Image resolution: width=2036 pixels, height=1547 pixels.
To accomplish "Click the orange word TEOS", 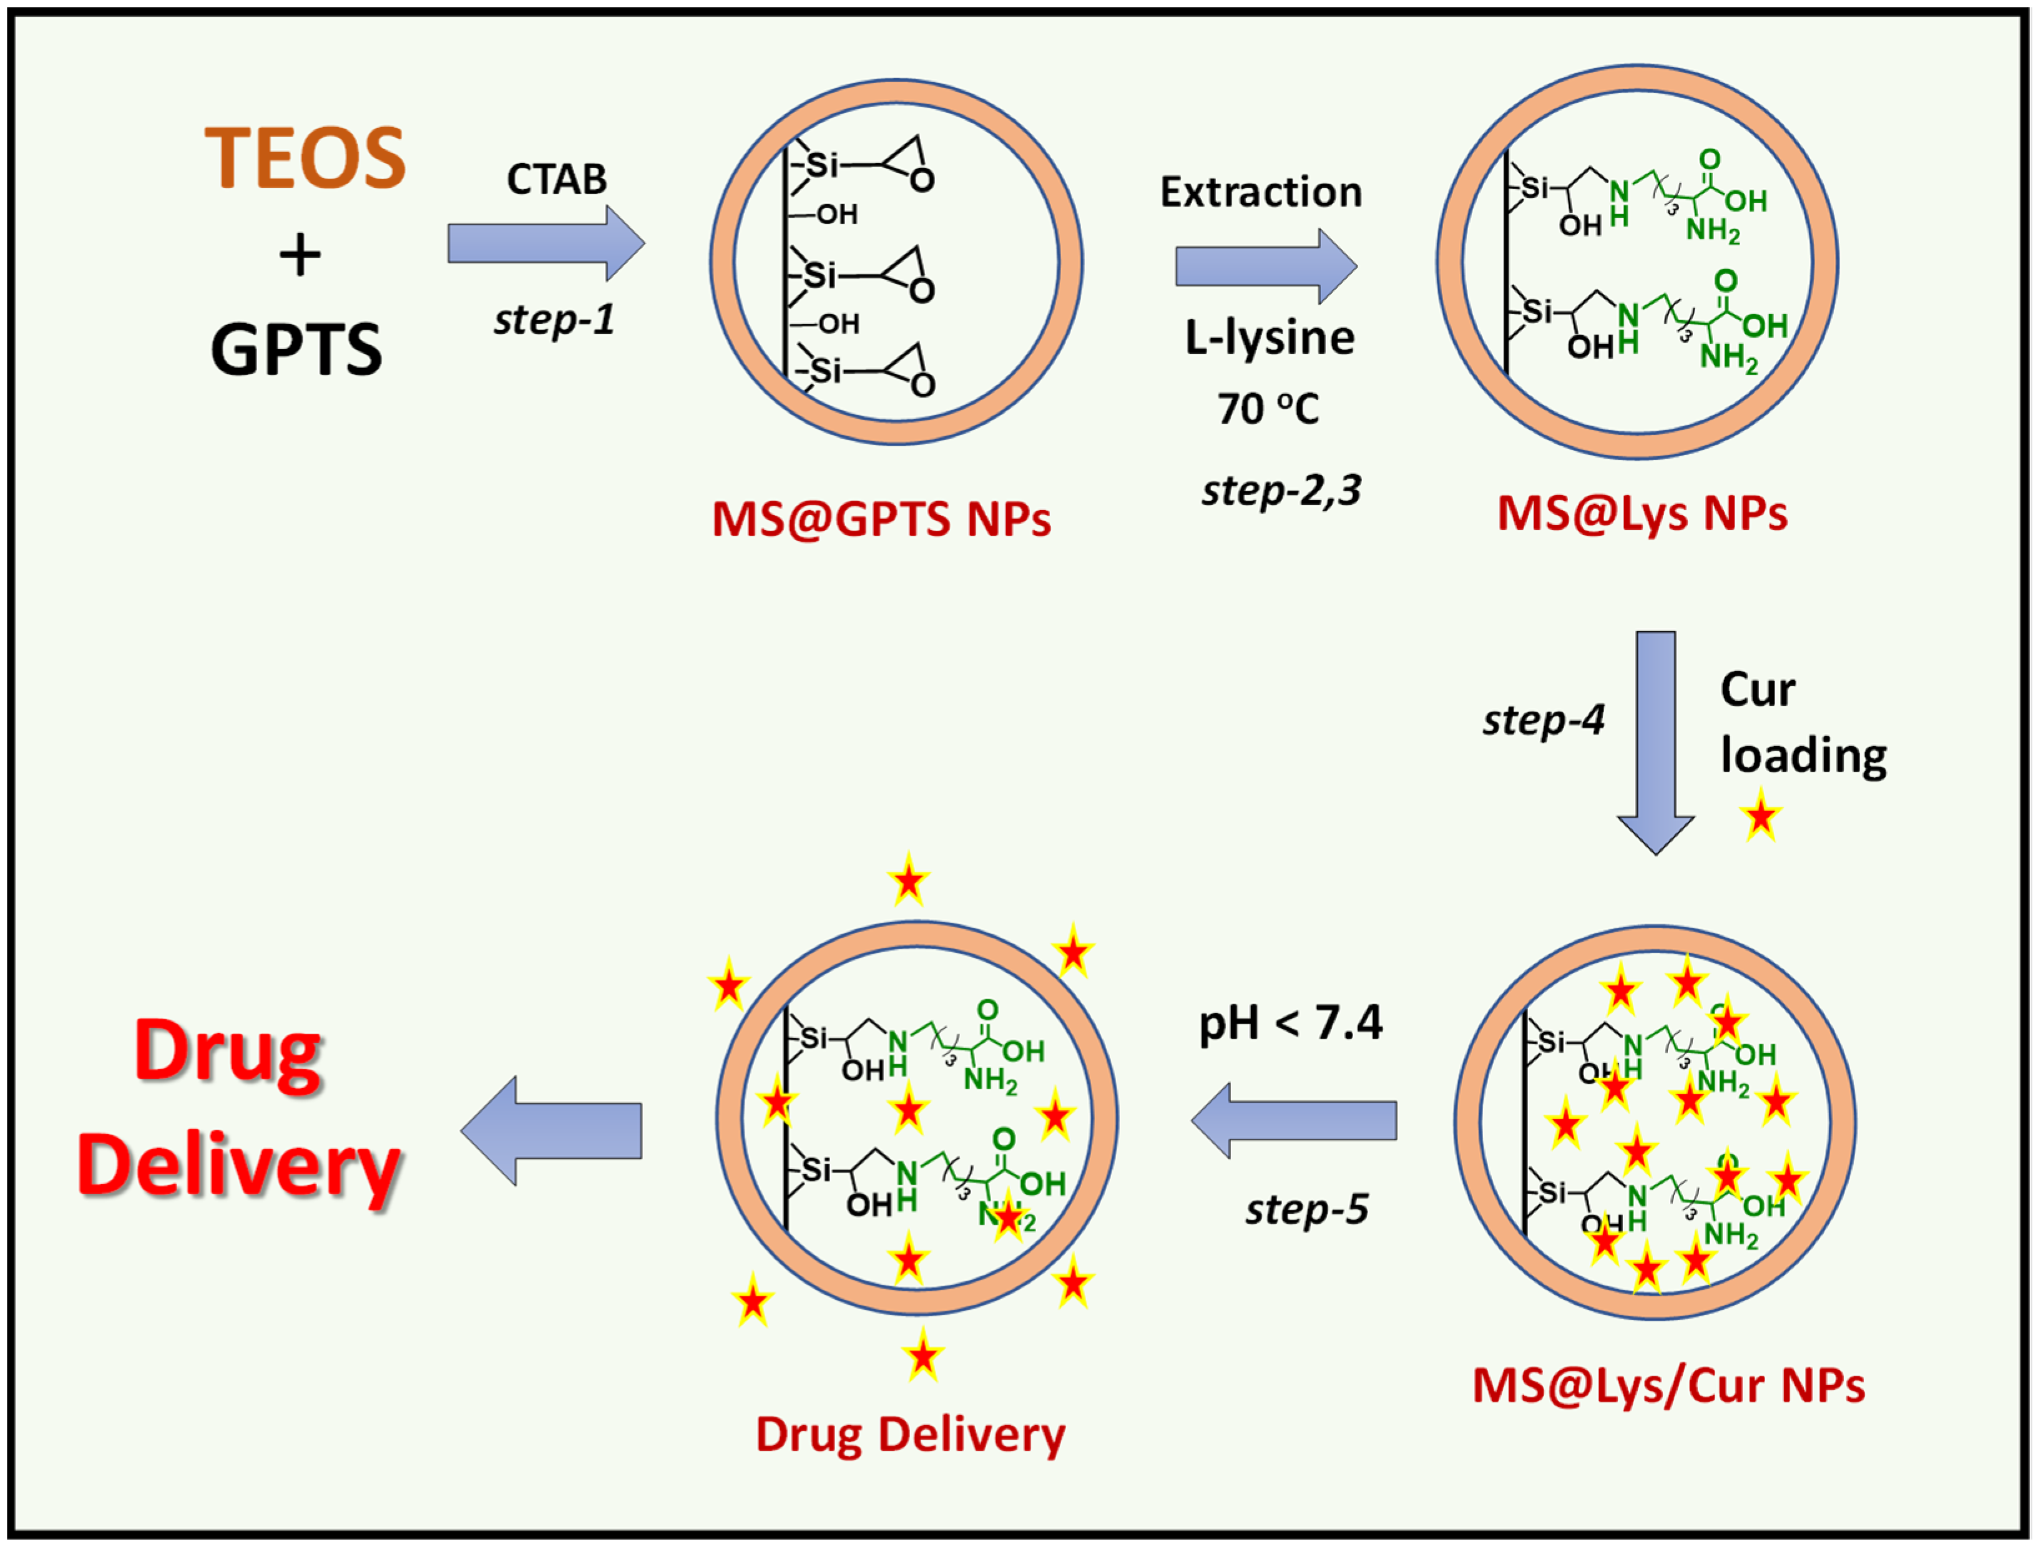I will (305, 159).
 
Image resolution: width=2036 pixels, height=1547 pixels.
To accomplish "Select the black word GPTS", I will (296, 350).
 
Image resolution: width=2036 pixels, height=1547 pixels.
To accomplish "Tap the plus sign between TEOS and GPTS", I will (300, 255).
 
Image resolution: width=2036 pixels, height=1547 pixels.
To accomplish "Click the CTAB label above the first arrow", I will (556, 180).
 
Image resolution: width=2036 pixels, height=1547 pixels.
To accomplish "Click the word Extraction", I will (1260, 192).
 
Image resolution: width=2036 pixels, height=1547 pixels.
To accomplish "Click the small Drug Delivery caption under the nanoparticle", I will (910, 1435).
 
